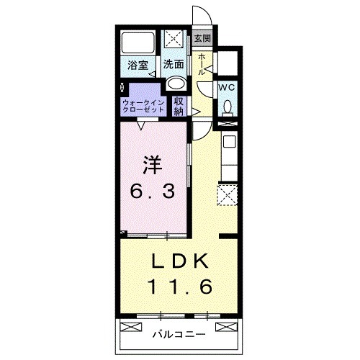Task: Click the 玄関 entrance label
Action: [203, 38]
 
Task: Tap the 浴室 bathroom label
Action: [138, 65]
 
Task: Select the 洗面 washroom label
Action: [174, 64]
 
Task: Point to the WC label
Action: [226, 88]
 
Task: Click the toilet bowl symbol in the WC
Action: [228, 108]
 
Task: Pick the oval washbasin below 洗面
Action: [176, 84]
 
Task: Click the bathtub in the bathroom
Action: [138, 42]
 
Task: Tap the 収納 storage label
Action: [179, 107]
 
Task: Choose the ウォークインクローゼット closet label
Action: [143, 107]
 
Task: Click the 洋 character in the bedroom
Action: [152, 166]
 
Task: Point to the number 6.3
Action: [152, 192]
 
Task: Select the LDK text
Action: [179, 261]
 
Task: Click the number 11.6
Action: [180, 287]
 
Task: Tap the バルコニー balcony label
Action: [179, 334]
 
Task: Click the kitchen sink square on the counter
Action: [230, 142]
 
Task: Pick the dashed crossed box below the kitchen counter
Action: [228, 195]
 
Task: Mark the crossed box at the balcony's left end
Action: [131, 327]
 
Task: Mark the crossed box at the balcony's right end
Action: [226, 327]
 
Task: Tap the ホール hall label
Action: [202, 64]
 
